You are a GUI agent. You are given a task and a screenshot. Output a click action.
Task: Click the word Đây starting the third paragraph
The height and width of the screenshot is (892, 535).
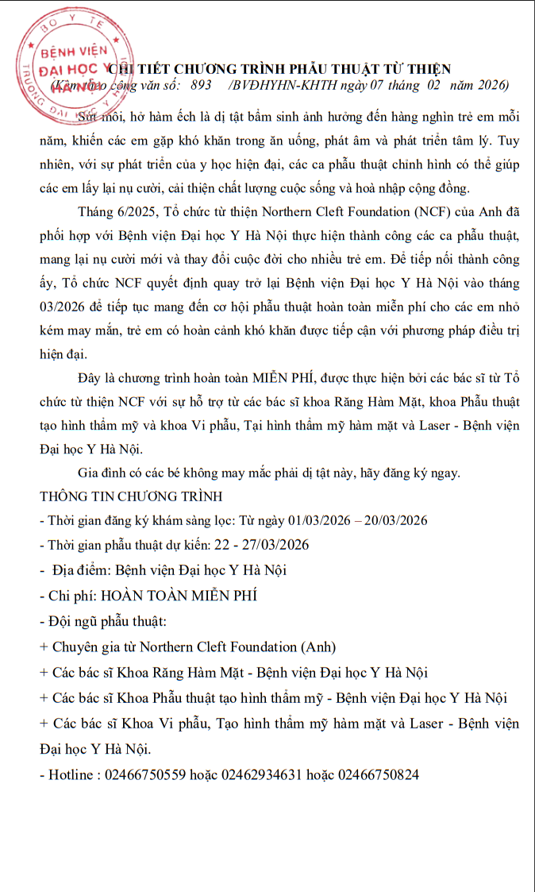(x=90, y=375)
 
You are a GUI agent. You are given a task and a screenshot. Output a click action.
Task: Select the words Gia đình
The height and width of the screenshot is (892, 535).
(x=106, y=473)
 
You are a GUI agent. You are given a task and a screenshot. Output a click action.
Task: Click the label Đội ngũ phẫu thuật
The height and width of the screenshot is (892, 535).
(x=106, y=620)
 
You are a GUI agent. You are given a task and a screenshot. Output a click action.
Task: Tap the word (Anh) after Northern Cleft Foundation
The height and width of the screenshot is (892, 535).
(x=315, y=646)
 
